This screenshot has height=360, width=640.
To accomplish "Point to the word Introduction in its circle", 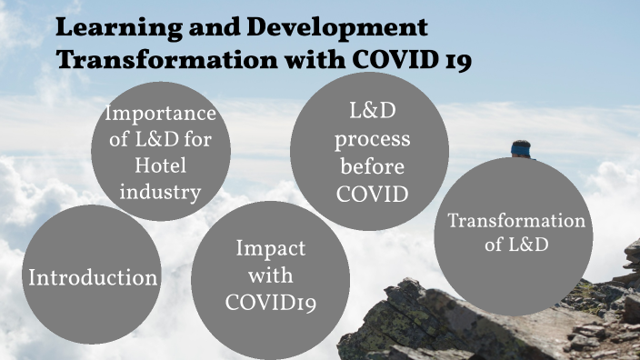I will [x=93, y=277].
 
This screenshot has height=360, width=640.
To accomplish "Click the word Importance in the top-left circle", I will [x=160, y=115].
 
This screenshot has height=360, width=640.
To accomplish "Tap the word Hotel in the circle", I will [x=160, y=167].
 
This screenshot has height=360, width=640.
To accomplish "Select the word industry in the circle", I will [x=160, y=193].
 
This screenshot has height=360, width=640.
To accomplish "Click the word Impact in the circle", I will [x=271, y=249].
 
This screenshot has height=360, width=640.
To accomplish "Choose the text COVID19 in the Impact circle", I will [x=271, y=303].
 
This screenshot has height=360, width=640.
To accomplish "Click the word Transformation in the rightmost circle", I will [x=516, y=222].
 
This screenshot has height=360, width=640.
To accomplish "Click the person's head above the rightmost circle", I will [x=521, y=148].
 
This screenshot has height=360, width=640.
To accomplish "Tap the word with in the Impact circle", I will [x=271, y=275].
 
